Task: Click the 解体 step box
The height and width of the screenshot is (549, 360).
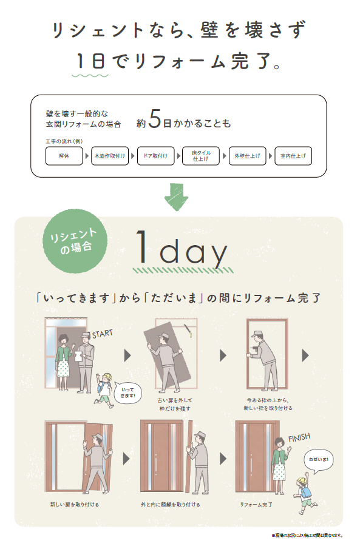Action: (x=64, y=156)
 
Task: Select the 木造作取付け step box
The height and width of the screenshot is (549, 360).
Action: (x=110, y=156)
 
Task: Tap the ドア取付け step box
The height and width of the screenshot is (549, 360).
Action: (x=156, y=156)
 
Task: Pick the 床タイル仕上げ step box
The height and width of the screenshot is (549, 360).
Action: (x=202, y=156)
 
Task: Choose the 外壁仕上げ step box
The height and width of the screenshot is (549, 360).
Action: (x=247, y=156)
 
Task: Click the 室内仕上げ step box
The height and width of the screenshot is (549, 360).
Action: (x=293, y=156)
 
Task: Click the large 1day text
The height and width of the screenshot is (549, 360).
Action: (x=181, y=249)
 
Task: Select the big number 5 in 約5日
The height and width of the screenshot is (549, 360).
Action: (x=154, y=121)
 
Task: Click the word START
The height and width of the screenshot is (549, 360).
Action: (x=103, y=334)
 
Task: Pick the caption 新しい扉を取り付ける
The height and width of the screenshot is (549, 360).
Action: (x=75, y=504)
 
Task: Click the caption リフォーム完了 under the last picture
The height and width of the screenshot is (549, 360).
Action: (x=256, y=504)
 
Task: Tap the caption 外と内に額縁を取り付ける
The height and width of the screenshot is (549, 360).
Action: (x=170, y=504)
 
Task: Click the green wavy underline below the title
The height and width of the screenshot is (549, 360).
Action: (x=90, y=76)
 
